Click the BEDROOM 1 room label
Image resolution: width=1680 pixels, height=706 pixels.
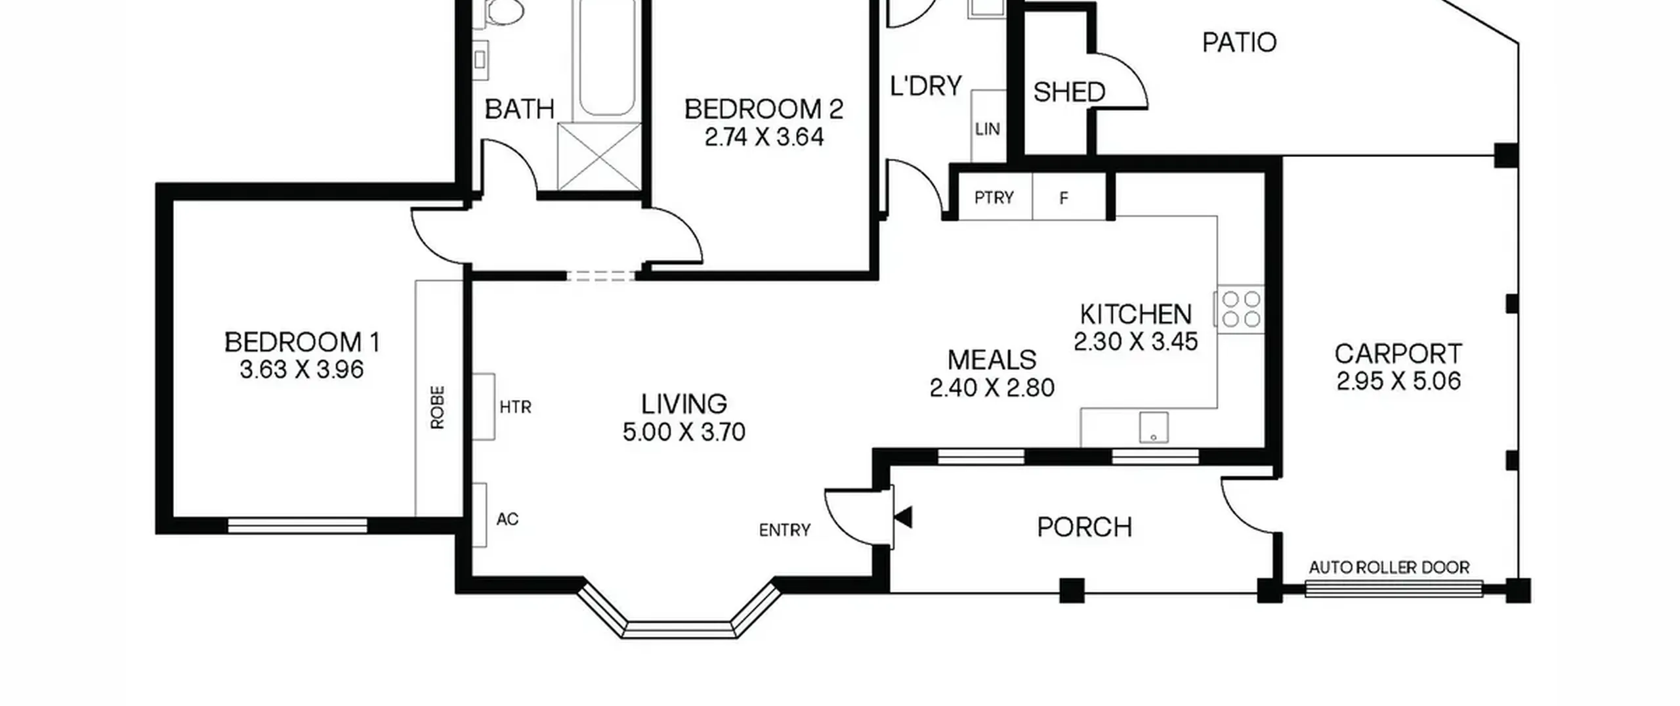tap(302, 342)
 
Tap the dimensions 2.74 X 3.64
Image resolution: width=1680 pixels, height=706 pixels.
tap(764, 137)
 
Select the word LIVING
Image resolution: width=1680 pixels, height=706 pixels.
tap(684, 404)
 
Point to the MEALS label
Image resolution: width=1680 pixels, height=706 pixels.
tap(992, 360)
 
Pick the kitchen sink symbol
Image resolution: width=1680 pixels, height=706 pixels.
tap(1154, 428)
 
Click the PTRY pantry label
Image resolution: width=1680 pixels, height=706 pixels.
tap(994, 198)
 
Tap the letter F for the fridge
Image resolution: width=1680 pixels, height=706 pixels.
tap(1064, 198)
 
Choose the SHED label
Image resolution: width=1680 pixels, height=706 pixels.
tap(1069, 92)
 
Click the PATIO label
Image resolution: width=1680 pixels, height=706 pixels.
tap(1239, 43)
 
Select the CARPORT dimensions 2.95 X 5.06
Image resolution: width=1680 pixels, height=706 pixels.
tap(1398, 382)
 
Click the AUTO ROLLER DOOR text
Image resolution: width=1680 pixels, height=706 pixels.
tap(1389, 567)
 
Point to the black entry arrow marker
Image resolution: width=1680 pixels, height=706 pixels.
tap(904, 518)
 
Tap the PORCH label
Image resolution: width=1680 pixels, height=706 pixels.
tap(1084, 527)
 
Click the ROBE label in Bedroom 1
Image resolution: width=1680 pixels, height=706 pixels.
tap(438, 407)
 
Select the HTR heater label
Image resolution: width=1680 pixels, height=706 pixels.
tap(515, 407)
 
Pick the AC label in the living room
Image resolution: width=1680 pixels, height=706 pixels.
tap(507, 519)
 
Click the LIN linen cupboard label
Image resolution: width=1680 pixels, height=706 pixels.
tap(988, 129)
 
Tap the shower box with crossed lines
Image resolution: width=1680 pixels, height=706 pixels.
tap(599, 156)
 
